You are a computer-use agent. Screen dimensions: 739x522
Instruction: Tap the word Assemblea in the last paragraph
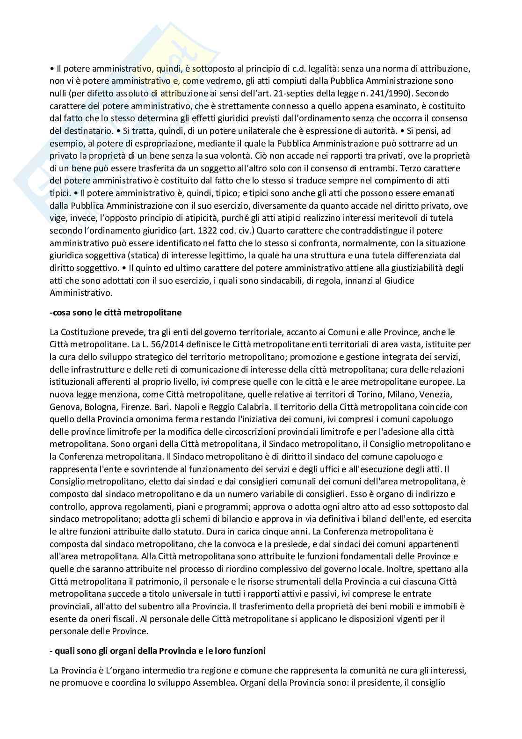[x=213, y=682]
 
